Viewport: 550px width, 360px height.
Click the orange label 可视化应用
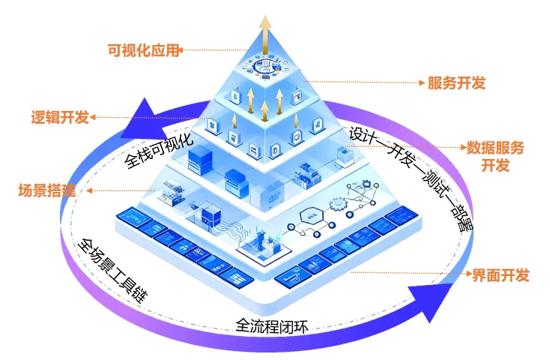coord(144,50)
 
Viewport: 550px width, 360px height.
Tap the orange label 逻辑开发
coord(59,117)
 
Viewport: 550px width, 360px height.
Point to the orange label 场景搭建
coord(46,190)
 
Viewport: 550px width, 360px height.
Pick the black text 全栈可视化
coord(159,148)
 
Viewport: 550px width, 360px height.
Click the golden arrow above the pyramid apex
coord(265,31)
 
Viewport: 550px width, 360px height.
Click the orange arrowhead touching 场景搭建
coord(89,191)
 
